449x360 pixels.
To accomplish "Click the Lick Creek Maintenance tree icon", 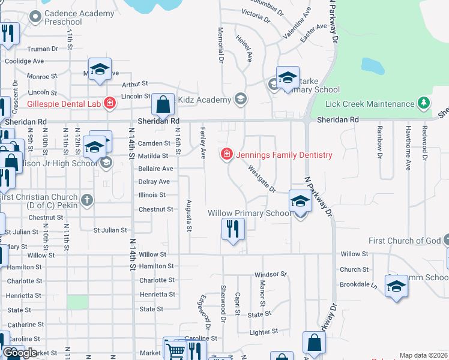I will tap(424, 104).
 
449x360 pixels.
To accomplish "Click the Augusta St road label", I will tap(188, 215).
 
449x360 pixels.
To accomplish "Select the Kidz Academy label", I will tap(204, 100).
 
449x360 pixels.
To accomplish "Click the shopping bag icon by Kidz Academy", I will tap(163, 105).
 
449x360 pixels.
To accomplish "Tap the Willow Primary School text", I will tap(250, 213).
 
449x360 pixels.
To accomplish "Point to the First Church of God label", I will tap(405, 241).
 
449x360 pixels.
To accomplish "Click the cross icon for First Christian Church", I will tap(87, 199).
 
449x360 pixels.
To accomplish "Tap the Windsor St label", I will tap(271, 274).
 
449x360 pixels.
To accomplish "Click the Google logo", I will tap(20, 353).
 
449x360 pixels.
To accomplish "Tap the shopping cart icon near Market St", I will tap(176, 351).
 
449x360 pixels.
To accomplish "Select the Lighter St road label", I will tap(264, 331).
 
